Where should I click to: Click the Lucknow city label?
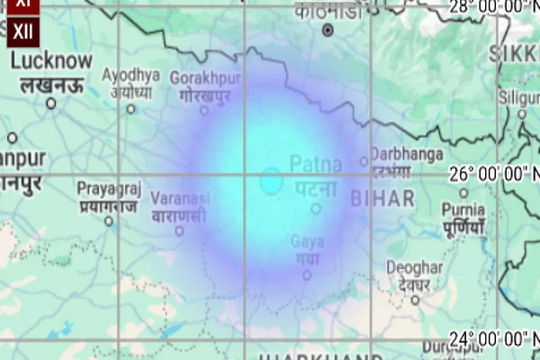tap(51, 61)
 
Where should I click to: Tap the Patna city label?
tap(315, 165)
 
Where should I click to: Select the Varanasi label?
tap(179, 197)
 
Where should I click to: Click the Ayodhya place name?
tap(131, 75)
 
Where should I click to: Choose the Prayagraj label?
tap(108, 188)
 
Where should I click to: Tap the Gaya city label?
tap(307, 241)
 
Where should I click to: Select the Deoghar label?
tap(415, 268)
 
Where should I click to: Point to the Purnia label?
tap(463, 210)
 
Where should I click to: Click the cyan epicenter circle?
tap(271, 180)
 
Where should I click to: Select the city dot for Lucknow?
tap(51, 103)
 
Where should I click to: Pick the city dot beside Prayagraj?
tap(108, 220)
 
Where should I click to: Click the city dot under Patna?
tap(316, 209)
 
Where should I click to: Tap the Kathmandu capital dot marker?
tap(328, 30)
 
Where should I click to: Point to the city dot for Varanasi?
tap(179, 230)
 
